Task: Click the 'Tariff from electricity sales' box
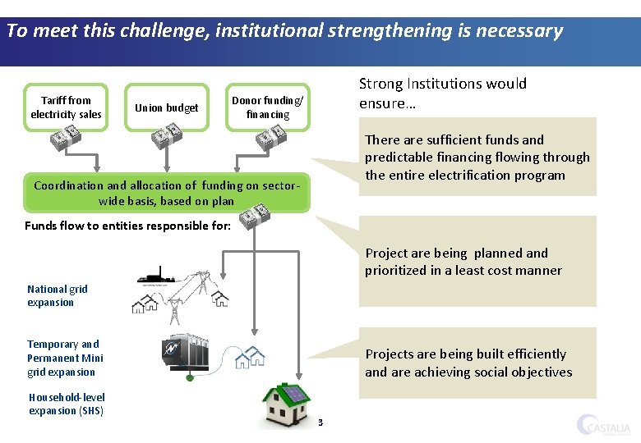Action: [66, 107]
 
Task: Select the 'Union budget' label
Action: [166, 108]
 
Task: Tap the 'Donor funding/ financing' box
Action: [268, 107]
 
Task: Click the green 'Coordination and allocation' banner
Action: [168, 193]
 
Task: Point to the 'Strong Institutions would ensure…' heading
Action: [443, 94]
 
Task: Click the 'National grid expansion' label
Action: [57, 295]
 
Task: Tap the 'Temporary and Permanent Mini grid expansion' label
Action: [65, 358]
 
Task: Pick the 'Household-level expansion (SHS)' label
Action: [67, 404]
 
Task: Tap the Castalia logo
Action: [605, 424]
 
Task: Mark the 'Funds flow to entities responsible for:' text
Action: [127, 226]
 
